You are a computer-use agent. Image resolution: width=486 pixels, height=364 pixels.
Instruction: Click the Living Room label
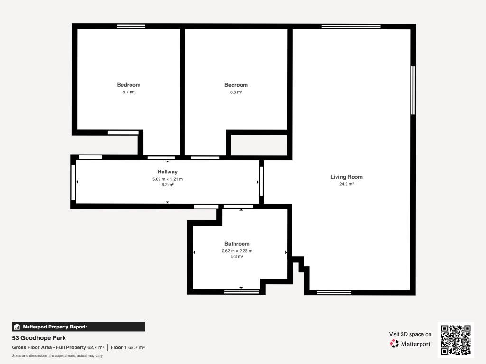(346, 177)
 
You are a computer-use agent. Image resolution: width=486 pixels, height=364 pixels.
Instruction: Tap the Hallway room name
(168, 172)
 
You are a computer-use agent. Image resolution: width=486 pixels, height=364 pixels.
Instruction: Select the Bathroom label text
(237, 244)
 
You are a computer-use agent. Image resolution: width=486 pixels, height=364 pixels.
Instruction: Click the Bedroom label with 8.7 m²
(129, 85)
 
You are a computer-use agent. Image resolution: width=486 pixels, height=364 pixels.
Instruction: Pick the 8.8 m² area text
(236, 92)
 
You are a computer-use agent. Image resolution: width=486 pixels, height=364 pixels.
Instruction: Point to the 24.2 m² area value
(346, 184)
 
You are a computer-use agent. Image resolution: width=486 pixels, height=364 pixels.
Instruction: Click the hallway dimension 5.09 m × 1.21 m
(168, 179)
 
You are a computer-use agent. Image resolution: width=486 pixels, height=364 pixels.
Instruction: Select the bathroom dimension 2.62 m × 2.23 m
(237, 251)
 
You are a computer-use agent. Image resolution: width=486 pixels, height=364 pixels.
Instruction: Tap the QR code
(456, 340)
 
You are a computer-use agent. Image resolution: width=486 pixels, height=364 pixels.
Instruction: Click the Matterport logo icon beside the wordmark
(394, 344)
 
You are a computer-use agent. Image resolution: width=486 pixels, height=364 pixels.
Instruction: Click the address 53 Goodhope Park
(39, 338)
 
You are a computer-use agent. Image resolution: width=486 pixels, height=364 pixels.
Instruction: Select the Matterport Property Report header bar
(78, 327)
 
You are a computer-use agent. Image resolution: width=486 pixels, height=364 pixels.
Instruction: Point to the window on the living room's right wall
(413, 91)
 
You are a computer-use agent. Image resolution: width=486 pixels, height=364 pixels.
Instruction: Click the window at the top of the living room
(351, 27)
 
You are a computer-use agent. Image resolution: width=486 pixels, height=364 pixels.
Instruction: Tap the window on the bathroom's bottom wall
(242, 291)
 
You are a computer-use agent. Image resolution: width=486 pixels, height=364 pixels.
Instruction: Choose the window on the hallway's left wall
(73, 182)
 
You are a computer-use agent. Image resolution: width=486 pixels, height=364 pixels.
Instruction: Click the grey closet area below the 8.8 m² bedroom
(259, 145)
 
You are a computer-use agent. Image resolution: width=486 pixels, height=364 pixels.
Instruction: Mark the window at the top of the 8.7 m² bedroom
(131, 27)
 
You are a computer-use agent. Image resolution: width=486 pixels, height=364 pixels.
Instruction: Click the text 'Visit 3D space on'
(410, 334)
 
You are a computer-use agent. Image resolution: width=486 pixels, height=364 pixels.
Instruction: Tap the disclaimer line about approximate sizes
(57, 355)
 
